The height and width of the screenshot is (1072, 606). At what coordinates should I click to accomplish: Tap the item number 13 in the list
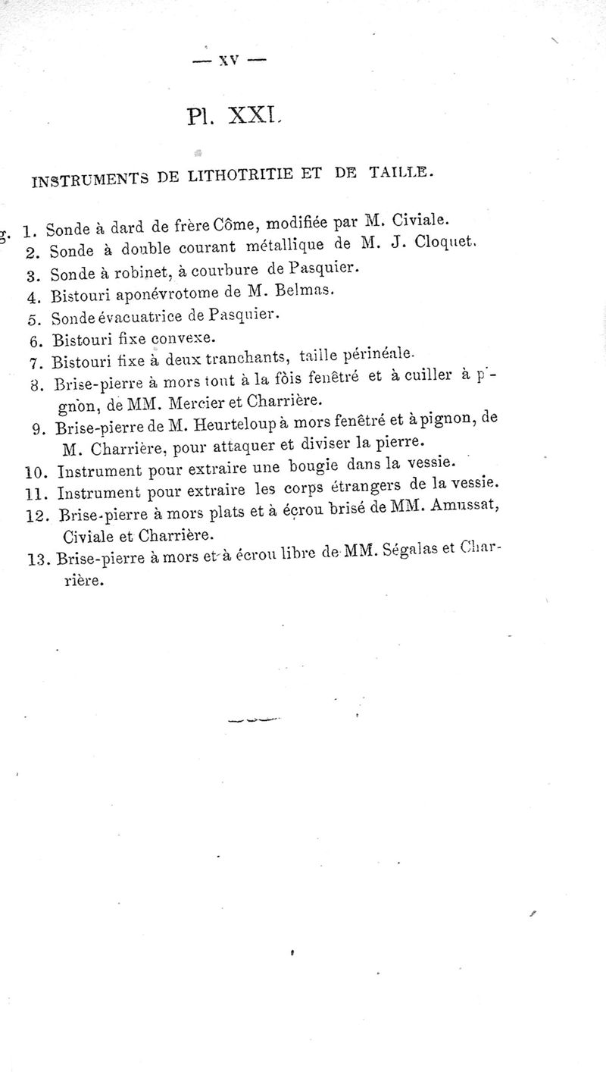point(38,562)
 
